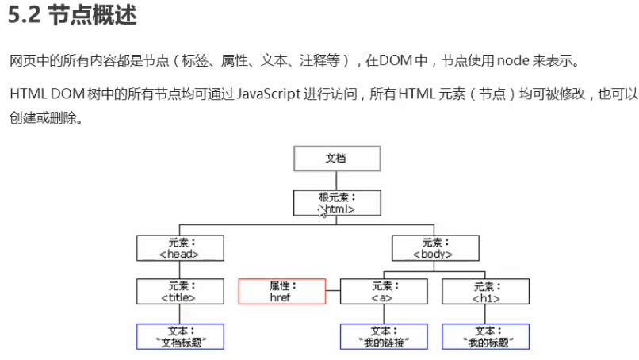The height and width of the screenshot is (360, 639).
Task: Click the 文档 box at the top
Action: pos(337,159)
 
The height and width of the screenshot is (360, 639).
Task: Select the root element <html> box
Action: pos(337,203)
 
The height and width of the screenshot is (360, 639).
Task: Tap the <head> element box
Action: pos(180,248)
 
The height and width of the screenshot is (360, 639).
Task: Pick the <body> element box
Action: pos(435,248)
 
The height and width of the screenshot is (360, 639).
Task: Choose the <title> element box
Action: pos(180,292)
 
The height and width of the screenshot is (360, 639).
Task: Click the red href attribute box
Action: pos(282,292)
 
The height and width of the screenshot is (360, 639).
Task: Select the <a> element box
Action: pos(384,292)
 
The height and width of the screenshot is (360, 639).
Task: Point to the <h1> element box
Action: pos(486,292)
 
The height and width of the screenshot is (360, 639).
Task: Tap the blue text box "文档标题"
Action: pos(180,337)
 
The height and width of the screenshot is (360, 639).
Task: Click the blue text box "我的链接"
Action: pos(384,337)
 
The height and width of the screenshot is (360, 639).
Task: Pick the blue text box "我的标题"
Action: pos(486,337)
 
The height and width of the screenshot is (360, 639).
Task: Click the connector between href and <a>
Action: pos(333,291)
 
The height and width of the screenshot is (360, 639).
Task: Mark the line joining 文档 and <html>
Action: pos(336,181)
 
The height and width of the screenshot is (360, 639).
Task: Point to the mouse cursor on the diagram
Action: pos(322,211)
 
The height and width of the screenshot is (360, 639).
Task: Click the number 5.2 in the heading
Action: pos(24,16)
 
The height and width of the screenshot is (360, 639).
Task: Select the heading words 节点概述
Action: pos(93,16)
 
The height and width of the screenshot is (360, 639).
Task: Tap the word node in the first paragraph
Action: pos(513,61)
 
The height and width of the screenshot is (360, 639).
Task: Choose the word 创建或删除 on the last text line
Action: pos(43,118)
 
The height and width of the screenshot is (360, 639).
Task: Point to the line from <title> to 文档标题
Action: pos(180,314)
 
